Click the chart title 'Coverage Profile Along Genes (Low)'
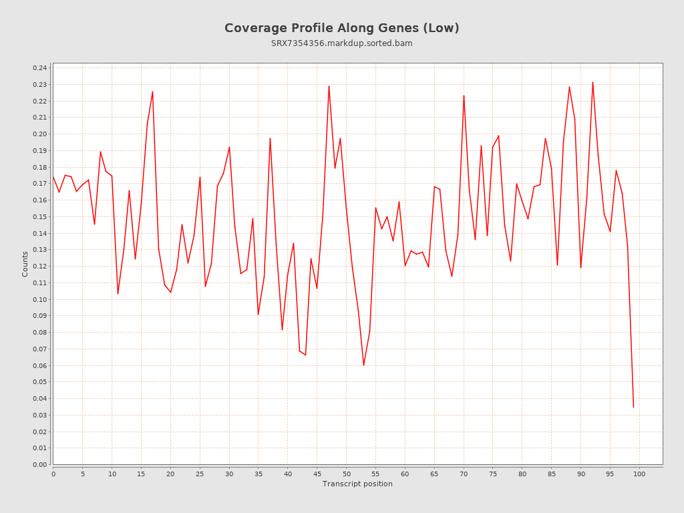pos(341,28)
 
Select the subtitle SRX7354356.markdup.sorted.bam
pos(341,43)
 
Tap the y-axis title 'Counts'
pos(25,264)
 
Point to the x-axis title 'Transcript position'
pos(357,484)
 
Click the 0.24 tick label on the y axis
pos(39,68)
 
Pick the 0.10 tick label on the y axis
pos(39,299)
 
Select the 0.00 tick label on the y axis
pos(39,464)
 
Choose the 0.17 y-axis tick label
pos(39,184)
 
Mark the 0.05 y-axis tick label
pos(39,382)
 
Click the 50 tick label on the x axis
pos(346,474)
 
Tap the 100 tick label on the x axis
pos(639,474)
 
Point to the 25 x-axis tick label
pos(200,474)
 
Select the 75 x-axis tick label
pos(493,474)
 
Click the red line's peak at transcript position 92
pos(592,82)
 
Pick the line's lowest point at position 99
pos(633,407)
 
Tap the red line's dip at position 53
pos(363,365)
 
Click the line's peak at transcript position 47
pos(329,85)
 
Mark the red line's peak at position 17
pos(153,92)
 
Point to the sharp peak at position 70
pos(464,96)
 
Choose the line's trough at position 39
pos(282,329)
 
